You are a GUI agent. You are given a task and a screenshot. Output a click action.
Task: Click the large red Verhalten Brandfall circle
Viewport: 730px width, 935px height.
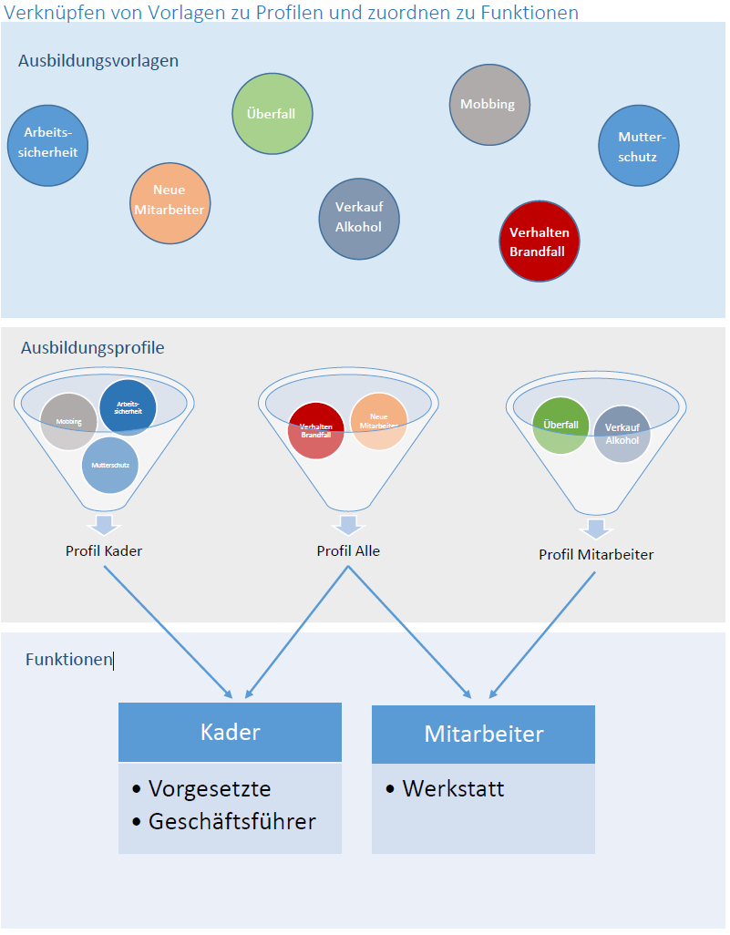tap(540, 241)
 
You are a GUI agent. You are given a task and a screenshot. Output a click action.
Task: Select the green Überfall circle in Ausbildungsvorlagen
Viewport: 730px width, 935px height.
tap(272, 114)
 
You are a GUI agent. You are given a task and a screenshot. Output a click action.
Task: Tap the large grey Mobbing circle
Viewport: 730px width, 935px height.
tap(489, 104)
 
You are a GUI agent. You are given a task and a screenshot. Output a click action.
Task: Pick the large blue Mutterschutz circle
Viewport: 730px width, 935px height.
tap(639, 146)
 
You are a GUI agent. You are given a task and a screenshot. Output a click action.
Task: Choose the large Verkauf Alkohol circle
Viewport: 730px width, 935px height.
tap(359, 219)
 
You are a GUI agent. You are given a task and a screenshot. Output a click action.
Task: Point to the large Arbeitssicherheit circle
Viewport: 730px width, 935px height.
tap(48, 146)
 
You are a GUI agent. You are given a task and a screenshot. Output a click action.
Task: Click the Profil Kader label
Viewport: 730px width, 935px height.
tap(104, 551)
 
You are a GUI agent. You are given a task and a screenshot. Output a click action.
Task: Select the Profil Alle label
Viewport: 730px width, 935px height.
tap(348, 551)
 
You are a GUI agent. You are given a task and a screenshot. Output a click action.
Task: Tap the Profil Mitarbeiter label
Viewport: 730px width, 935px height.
tap(596, 554)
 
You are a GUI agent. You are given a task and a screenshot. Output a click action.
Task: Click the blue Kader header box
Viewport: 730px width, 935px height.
tap(230, 732)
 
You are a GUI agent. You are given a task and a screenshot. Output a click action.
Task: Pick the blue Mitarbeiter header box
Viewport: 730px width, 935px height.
tap(483, 734)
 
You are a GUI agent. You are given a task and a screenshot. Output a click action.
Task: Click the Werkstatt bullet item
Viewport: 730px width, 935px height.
tap(453, 788)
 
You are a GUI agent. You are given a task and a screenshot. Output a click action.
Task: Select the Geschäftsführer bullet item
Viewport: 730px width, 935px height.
tap(231, 821)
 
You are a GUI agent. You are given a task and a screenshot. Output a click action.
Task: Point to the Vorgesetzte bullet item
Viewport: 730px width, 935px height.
tap(210, 788)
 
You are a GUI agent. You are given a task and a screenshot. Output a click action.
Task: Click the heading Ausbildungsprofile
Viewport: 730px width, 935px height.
tap(92, 348)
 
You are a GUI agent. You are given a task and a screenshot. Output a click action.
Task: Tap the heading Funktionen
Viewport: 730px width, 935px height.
tap(68, 660)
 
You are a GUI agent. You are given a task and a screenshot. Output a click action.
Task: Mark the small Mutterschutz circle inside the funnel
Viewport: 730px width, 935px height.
tap(109, 465)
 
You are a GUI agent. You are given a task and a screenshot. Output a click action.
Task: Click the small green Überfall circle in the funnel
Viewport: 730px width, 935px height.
tap(560, 426)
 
